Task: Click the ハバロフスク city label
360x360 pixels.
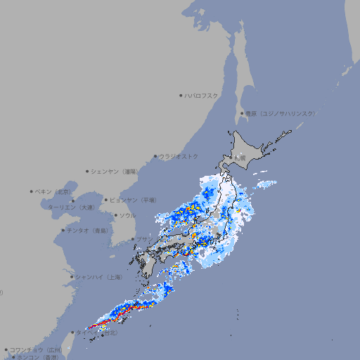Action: (202, 95)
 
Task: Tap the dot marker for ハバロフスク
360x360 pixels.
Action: (181, 95)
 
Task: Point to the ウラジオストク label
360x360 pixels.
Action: (179, 156)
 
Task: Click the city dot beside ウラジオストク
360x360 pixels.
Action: (155, 156)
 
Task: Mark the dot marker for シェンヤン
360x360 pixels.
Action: (88, 171)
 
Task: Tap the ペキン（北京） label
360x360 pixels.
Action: (53, 191)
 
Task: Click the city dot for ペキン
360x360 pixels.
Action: (32, 191)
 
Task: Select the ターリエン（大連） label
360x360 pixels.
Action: (71, 207)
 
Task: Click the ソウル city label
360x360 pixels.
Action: (127, 215)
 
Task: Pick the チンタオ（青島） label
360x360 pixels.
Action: (88, 230)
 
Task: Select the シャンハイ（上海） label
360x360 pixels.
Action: (98, 277)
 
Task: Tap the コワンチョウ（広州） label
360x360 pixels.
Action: (36, 349)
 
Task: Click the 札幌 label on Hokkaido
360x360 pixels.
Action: (240, 158)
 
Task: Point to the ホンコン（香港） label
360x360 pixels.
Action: (37, 357)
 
